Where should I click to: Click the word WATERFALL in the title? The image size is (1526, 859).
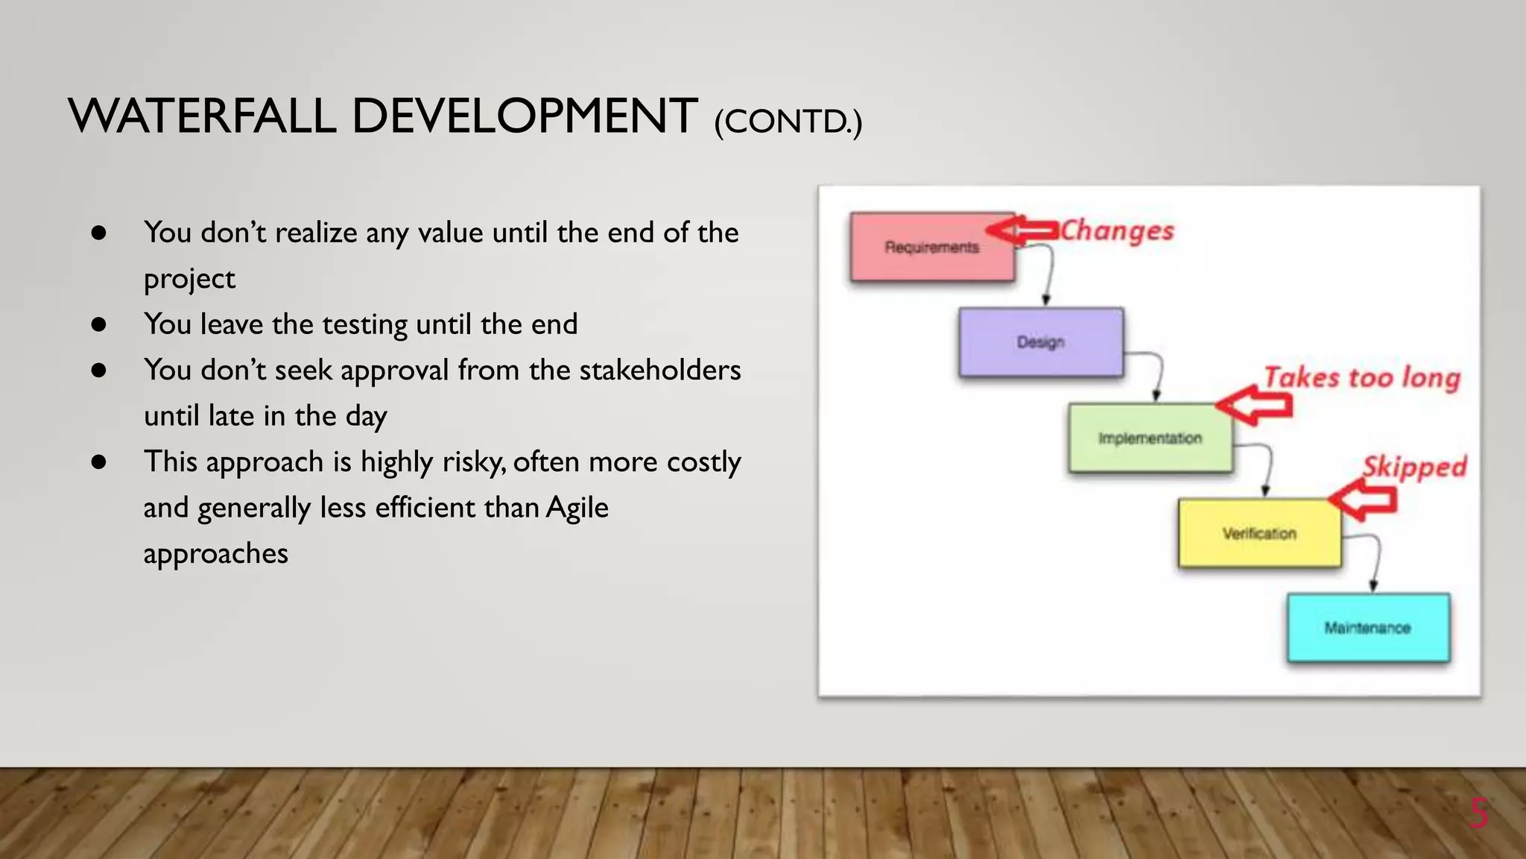click(201, 117)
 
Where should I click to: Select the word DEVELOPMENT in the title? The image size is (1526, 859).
click(524, 117)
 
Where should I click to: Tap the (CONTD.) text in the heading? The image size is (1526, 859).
click(788, 122)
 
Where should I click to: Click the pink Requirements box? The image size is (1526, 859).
click(931, 248)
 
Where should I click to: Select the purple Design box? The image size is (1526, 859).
click(1040, 342)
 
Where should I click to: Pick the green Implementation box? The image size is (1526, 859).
click(1149, 438)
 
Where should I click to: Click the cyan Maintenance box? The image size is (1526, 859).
click(1367, 628)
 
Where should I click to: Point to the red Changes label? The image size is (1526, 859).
click(1117, 231)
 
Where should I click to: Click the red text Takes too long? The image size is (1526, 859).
click(1361, 378)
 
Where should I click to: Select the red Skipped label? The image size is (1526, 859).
click(1413, 468)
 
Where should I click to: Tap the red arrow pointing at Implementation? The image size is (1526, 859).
click(1254, 406)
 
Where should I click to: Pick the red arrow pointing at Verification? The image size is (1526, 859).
click(1364, 500)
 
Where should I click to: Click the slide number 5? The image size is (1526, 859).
click(1478, 814)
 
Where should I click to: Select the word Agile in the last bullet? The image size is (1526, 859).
click(577, 508)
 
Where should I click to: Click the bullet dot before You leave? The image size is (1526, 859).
click(98, 324)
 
